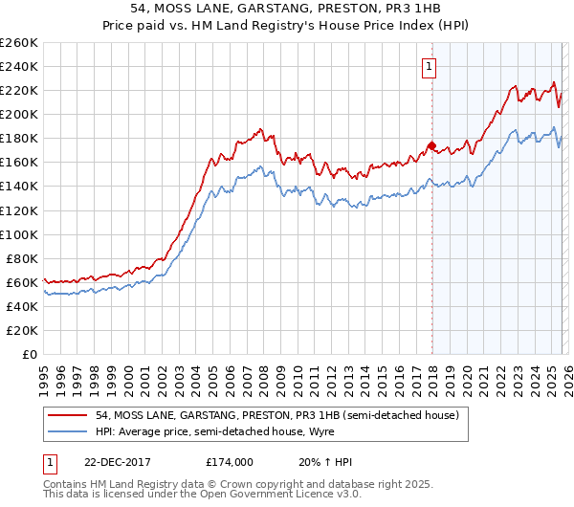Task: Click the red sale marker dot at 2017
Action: click(x=431, y=145)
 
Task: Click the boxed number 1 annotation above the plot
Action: click(x=429, y=67)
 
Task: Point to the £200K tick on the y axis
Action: click(x=19, y=114)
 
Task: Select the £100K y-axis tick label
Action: click(x=19, y=234)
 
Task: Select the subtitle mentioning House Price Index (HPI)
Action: click(x=287, y=26)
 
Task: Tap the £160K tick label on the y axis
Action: click(x=19, y=162)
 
